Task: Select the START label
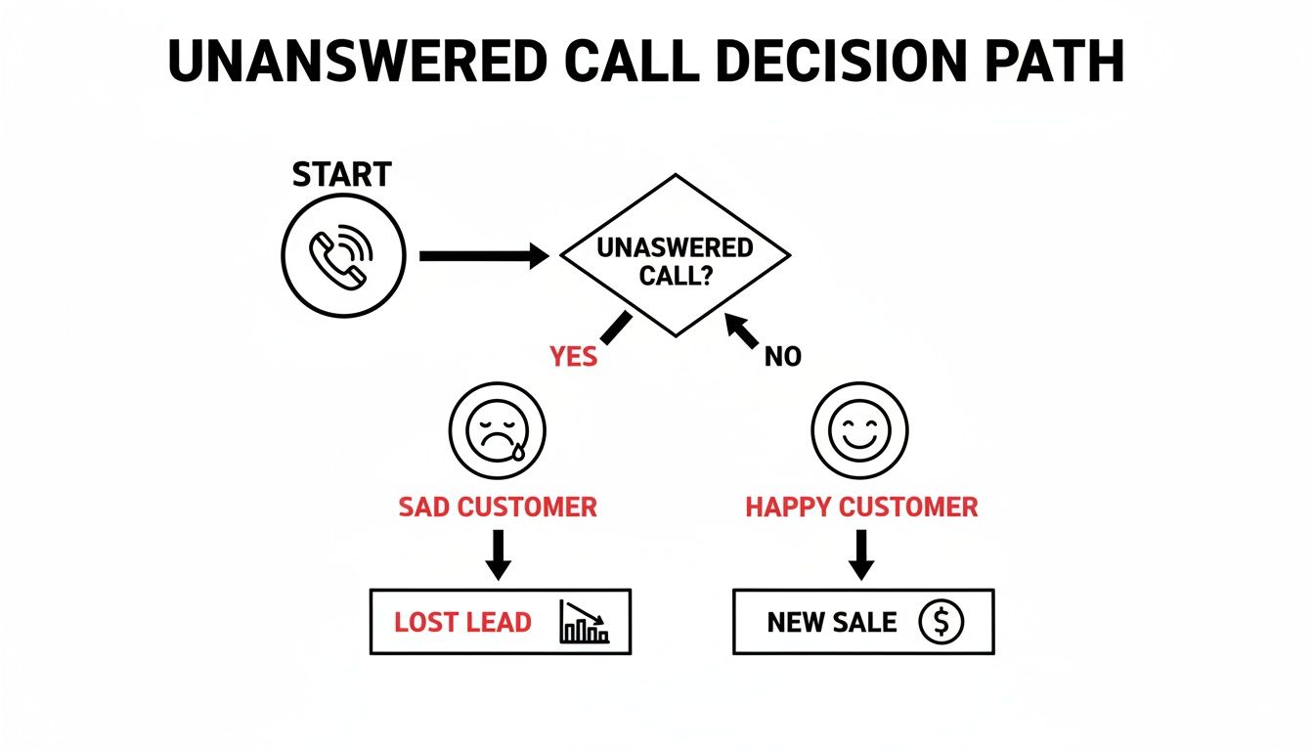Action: coord(342,175)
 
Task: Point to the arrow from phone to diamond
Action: coord(483,256)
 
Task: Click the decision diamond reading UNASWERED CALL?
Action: coord(675,257)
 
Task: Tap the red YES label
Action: coord(573,357)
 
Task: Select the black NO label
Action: coord(782,357)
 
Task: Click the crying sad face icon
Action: coord(497,430)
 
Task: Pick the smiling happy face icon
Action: coord(860,430)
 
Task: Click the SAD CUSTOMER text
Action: coord(498,508)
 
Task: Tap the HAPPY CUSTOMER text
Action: coord(861,508)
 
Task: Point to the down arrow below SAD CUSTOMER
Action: coord(499,554)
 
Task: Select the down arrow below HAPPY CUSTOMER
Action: coord(861,554)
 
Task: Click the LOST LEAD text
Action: coord(462,622)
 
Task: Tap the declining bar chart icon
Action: coord(585,622)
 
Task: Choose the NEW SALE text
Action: coord(832,622)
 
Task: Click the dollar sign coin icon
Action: coord(942,622)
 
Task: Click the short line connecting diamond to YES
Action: coord(615,327)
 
